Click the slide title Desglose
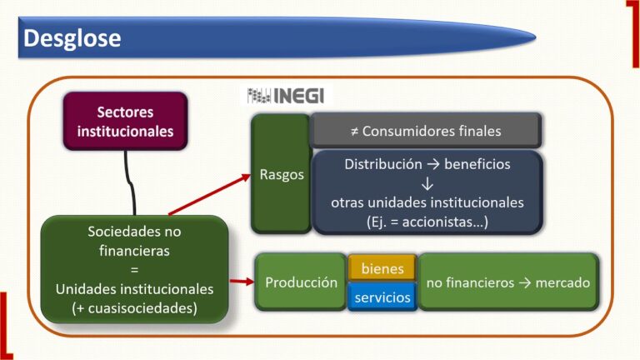coord(72,38)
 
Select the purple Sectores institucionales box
coord(125,122)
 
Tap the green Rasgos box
coord(280,175)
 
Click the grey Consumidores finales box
coord(426,131)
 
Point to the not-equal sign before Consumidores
coord(354,131)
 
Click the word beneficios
coord(477,164)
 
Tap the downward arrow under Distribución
coord(427,183)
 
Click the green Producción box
coord(301,282)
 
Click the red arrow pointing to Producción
coord(242,282)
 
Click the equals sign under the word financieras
coord(134,268)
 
